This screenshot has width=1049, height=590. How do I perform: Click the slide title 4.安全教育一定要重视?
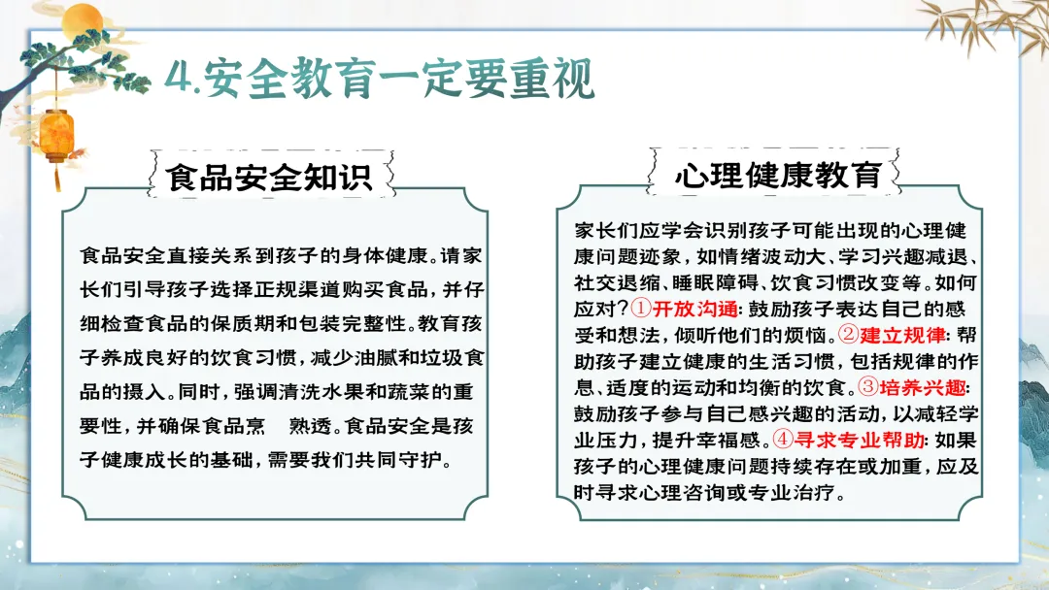pos(380,79)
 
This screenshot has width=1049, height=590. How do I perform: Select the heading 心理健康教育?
pos(778,175)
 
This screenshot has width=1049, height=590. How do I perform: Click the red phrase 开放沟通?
pos(695,309)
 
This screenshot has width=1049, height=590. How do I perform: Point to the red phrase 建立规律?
pos(901,335)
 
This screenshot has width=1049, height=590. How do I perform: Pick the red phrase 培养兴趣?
pos(923,387)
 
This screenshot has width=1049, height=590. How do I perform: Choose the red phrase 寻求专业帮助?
pos(859,440)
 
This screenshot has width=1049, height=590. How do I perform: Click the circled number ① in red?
pos(641,308)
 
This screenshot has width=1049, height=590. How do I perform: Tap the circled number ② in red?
pos(848,334)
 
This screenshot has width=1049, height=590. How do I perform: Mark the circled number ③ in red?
pos(868,386)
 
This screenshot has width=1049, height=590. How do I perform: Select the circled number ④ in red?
pos(783,439)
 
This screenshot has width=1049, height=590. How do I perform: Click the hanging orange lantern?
pos(57,136)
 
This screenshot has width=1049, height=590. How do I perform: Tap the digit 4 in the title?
pos(178,80)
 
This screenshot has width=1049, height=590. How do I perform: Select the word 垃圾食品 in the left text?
pos(442,357)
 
